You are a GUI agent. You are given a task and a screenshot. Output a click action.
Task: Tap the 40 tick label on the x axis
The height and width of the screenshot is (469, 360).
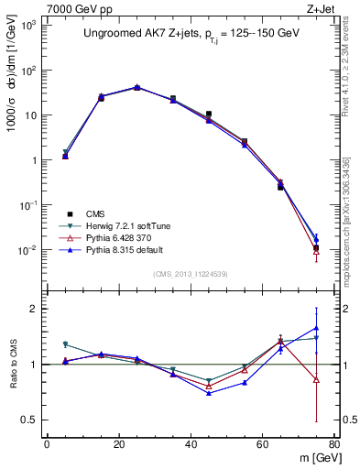click(191, 445)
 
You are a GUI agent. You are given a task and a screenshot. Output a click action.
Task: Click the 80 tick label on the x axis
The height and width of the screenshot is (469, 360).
click(334, 445)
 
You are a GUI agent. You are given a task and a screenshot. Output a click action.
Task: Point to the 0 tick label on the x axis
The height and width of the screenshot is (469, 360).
click(47, 445)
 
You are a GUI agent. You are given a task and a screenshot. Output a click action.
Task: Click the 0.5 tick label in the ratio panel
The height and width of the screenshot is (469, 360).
click(28, 420)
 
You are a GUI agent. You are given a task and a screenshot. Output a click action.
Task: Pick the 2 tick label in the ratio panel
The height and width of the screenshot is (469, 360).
click(32, 309)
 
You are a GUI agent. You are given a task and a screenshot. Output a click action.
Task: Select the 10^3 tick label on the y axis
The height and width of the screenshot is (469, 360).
click(26, 25)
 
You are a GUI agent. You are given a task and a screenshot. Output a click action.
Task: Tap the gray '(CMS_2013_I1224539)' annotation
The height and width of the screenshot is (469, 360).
click(191, 274)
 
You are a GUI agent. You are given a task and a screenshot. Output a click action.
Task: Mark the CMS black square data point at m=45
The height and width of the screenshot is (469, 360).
click(209, 115)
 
